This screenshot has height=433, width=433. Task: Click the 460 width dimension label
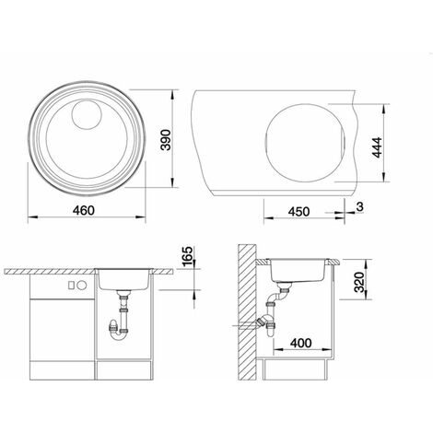pyautogui.click(x=84, y=211)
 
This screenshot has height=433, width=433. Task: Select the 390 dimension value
pyautogui.click(x=166, y=140)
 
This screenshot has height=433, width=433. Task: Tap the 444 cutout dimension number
pyautogui.click(x=377, y=147)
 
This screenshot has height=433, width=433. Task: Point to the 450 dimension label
pyautogui.click(x=298, y=212)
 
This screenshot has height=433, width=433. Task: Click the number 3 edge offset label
pyautogui.click(x=360, y=206)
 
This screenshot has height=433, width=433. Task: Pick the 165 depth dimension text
pyautogui.click(x=187, y=257)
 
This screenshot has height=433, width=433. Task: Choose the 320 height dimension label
pyautogui.click(x=358, y=282)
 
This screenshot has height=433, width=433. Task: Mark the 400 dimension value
pyautogui.click(x=300, y=343)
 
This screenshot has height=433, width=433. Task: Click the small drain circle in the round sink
pyautogui.click(x=87, y=113)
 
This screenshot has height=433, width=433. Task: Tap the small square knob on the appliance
pyautogui.click(x=71, y=286)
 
